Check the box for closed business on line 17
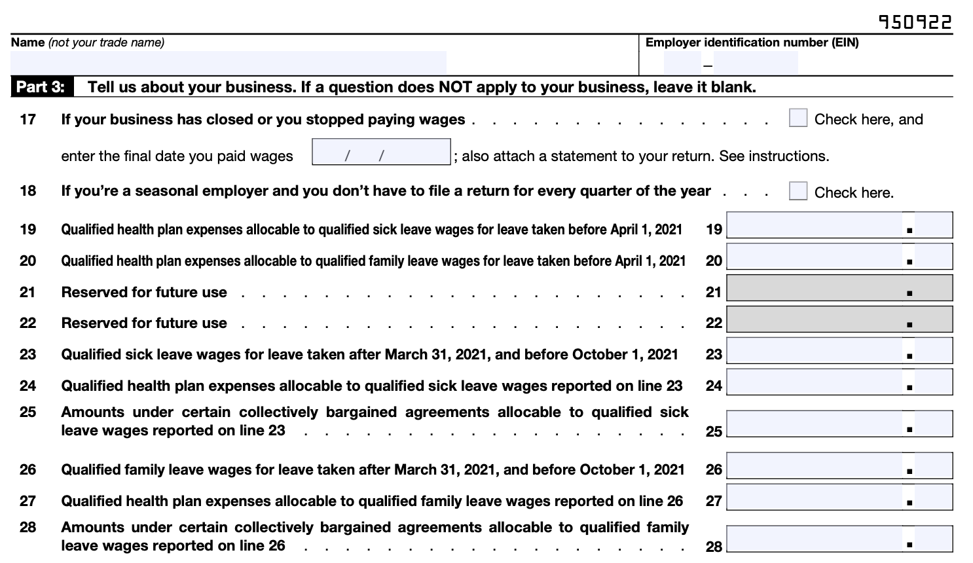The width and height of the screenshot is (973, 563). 798,118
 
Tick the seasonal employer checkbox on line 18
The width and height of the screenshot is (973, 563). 798,191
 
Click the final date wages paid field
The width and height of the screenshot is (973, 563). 381,152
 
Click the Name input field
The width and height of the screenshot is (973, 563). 228,63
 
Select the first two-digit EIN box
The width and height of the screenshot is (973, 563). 682,64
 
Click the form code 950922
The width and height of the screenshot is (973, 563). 915,22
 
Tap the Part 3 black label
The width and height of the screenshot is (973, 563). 41,87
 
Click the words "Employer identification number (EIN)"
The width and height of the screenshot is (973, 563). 752,43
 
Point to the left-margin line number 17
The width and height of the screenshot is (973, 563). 28,119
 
